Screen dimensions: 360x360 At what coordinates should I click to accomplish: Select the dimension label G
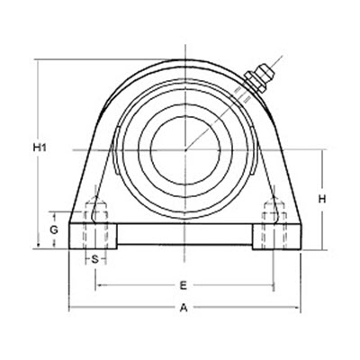(x=55, y=230)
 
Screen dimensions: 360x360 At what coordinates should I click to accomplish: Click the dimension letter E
(x=184, y=285)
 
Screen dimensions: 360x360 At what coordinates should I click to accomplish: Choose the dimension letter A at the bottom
(x=184, y=308)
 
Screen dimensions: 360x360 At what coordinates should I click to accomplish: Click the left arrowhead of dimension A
(x=72, y=308)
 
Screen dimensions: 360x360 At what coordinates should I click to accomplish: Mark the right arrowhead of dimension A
(x=296, y=308)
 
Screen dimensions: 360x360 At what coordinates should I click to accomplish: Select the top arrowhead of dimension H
(x=322, y=152)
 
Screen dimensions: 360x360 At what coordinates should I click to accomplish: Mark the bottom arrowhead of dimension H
(x=322, y=247)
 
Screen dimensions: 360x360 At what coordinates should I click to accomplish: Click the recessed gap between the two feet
(x=184, y=236)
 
